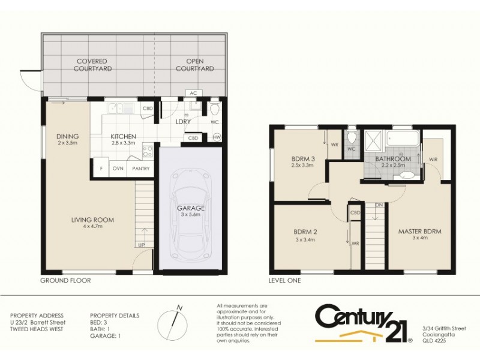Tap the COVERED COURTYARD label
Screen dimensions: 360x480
[91, 65]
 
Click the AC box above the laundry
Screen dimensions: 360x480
[193, 93]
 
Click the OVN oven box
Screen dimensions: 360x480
[118, 169]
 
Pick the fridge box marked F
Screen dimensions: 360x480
[101, 169]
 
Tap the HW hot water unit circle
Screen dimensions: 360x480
[217, 137]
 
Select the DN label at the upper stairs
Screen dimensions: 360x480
[379, 205]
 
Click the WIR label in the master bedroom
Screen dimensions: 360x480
[433, 160]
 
